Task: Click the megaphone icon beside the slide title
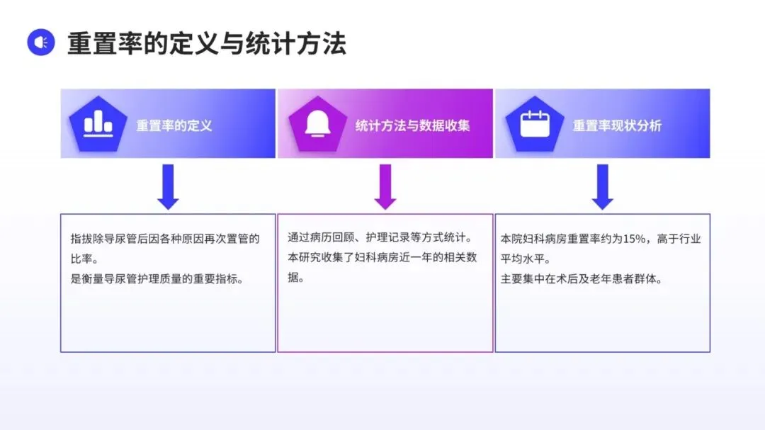(x=40, y=43)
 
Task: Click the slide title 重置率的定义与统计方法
(x=206, y=43)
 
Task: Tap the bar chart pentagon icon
(x=98, y=124)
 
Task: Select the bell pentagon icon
(x=317, y=124)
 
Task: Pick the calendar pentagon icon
(x=534, y=124)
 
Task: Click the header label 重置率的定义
(x=174, y=126)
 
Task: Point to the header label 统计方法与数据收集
(x=412, y=126)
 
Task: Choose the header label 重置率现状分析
(x=617, y=126)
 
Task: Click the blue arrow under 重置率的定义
(x=168, y=186)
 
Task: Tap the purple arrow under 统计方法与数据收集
(x=385, y=186)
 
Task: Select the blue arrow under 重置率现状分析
(x=602, y=186)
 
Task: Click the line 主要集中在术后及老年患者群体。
(x=581, y=279)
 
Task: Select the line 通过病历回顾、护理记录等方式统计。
(x=380, y=238)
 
